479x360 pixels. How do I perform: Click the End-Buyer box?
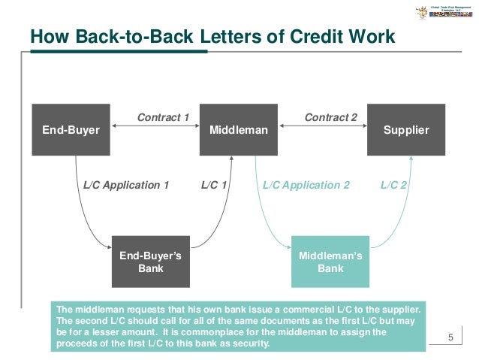tap(71, 130)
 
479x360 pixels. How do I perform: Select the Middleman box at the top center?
tap(239, 130)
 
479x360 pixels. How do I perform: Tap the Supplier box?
tap(406, 130)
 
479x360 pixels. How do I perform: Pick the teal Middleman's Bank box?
tap(330, 262)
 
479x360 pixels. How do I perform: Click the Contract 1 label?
tap(163, 117)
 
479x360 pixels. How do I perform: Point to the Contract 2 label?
tap(330, 117)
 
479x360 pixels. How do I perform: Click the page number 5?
tap(450, 336)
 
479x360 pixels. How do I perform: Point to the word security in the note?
tap(246, 344)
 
